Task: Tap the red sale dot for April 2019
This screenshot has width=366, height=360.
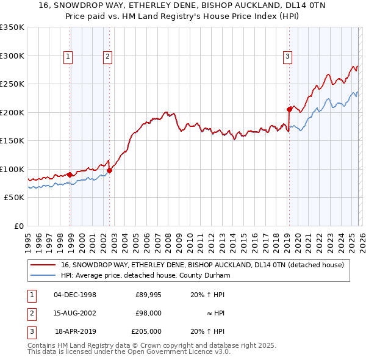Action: tap(289, 110)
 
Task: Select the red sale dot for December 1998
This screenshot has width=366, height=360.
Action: tap(70, 175)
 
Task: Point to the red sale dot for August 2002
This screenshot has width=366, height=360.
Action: tap(110, 170)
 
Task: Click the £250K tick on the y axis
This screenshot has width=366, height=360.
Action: tap(12, 84)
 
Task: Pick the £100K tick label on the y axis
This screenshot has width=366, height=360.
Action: tap(12, 169)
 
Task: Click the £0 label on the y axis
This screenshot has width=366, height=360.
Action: tap(18, 226)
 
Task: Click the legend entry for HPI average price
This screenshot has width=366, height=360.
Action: tap(145, 276)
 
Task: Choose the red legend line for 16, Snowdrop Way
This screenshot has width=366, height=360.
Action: tap(43, 265)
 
